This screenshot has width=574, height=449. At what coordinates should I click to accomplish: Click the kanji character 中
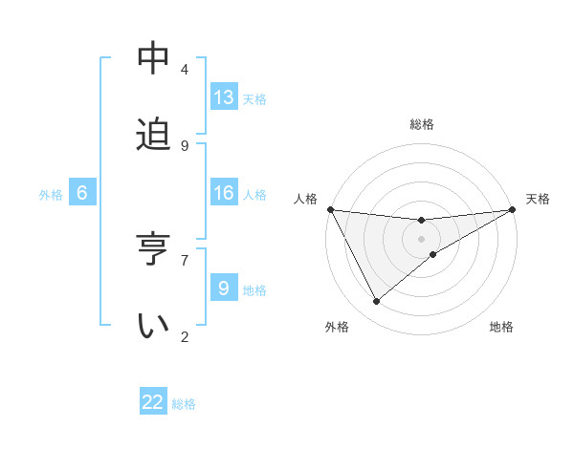point(153,59)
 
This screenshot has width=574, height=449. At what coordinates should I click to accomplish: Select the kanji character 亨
point(153,249)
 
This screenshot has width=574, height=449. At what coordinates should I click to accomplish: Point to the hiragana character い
point(153,325)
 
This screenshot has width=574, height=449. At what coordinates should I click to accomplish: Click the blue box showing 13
point(224,97)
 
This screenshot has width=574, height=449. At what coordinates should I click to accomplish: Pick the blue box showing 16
point(224,193)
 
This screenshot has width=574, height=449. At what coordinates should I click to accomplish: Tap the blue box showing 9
point(224,288)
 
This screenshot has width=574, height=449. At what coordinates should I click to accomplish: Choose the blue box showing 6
point(82,193)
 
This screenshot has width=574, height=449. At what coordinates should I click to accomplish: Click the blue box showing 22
point(153,402)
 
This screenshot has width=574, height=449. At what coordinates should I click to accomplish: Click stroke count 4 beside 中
point(185,70)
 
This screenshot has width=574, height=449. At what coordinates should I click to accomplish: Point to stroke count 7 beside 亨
point(185,259)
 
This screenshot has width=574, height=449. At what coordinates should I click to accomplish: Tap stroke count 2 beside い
point(185,335)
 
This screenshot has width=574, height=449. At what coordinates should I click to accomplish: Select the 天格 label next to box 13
point(254,99)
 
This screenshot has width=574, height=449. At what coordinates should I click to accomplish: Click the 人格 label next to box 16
point(254,195)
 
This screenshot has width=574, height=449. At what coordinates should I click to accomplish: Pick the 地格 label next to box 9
point(254,289)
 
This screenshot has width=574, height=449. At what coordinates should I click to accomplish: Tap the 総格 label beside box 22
point(184,404)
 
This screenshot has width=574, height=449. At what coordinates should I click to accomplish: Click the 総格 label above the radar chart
point(422,124)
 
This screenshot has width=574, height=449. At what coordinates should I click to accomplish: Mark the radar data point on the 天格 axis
point(512,210)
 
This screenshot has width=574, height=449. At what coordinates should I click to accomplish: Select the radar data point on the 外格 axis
point(376,302)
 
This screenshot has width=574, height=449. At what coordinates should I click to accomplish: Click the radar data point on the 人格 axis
point(330,209)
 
